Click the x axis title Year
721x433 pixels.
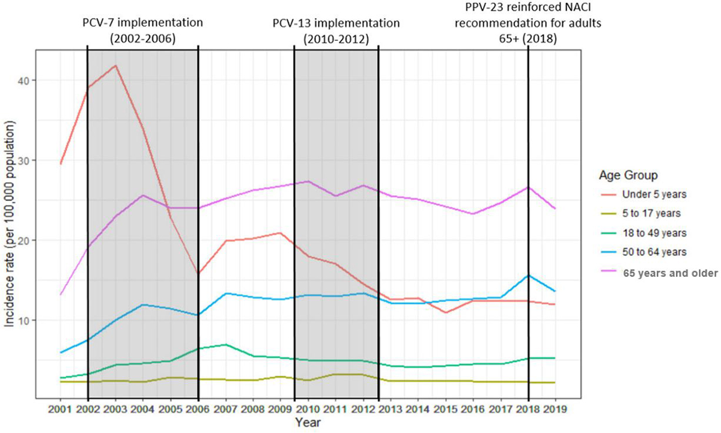click(x=308, y=423)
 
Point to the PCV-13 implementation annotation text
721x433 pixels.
click(x=335, y=31)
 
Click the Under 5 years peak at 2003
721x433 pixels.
click(x=115, y=65)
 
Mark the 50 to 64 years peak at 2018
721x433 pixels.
click(x=528, y=276)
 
